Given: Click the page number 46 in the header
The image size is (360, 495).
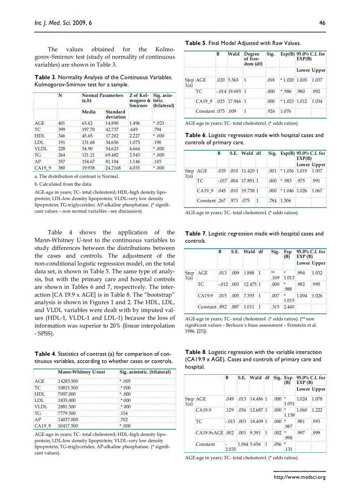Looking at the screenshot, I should (x=322, y=23).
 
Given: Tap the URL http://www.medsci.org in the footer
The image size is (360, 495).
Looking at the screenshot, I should (x=300, y=477).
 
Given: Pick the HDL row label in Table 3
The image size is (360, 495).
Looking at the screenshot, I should (x=40, y=136).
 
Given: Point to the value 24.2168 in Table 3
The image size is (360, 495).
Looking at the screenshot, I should (x=114, y=168).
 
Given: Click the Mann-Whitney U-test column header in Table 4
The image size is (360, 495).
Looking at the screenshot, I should (x=82, y=372).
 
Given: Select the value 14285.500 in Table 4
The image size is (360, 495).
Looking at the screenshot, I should (x=68, y=380).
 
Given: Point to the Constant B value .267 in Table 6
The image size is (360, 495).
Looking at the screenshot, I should (x=222, y=201).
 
